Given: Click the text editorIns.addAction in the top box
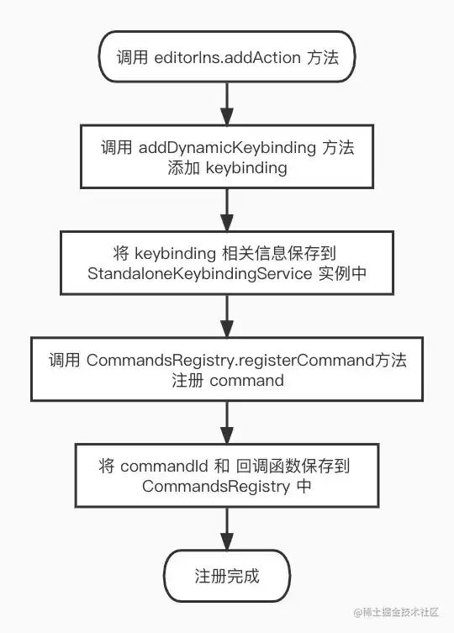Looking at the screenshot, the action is click(227, 58).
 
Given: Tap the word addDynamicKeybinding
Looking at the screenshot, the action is click(227, 148).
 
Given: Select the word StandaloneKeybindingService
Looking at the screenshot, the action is click(200, 274).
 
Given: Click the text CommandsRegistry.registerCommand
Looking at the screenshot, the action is click(230, 361).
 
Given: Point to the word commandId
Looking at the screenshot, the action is click(164, 467).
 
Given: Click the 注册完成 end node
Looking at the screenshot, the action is click(227, 576).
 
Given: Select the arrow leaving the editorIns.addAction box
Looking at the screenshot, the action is click(227, 103).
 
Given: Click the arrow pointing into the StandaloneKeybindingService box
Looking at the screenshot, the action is click(227, 209).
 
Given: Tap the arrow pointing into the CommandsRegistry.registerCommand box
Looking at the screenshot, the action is click(227, 316).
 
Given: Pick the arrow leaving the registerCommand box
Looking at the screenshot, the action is click(227, 422).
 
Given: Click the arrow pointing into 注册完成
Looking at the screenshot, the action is click(227, 529).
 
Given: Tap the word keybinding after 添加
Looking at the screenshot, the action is click(246, 168).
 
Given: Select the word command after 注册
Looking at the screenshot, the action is click(247, 381).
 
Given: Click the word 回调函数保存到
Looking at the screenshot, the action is click(293, 467).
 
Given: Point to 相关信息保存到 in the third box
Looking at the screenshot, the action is click(279, 254).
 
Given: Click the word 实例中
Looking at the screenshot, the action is click(342, 274).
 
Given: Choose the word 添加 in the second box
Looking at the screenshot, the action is click(184, 168).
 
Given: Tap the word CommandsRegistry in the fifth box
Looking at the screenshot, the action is click(216, 487).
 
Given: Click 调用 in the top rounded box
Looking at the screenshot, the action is click(132, 58).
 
